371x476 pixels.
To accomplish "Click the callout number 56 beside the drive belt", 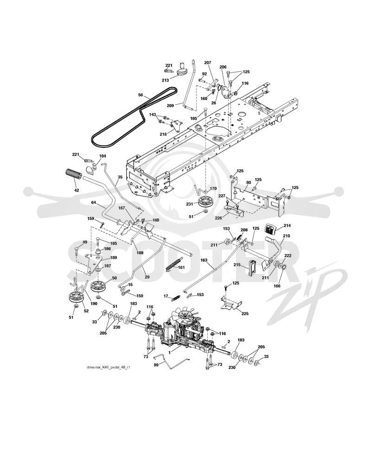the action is click(x=141, y=95).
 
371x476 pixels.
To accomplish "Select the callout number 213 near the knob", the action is click(x=165, y=81).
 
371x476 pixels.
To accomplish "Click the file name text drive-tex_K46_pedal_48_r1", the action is click(x=109, y=368).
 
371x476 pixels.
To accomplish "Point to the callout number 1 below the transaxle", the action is click(x=170, y=353).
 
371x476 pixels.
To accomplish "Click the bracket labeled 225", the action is click(x=230, y=304).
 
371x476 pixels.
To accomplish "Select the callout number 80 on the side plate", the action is click(x=249, y=183).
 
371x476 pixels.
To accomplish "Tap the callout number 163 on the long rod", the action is click(x=204, y=260).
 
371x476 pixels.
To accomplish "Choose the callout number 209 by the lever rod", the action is click(x=170, y=106).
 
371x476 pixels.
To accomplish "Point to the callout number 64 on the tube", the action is click(x=94, y=202).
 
